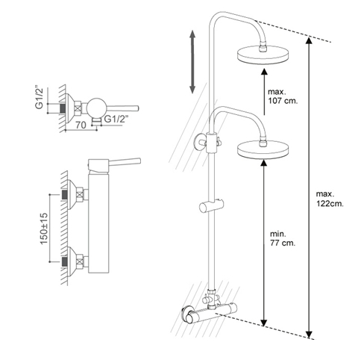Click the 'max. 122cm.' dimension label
click(330, 199)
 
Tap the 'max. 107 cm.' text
click(283, 96)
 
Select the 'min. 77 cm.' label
click(283, 238)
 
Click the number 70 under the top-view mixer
click(81, 125)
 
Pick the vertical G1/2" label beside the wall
click(39, 98)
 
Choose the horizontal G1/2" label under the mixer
click(115, 119)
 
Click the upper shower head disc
click(264, 55)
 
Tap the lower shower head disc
click(263, 149)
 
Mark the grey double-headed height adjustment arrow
click(192, 61)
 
